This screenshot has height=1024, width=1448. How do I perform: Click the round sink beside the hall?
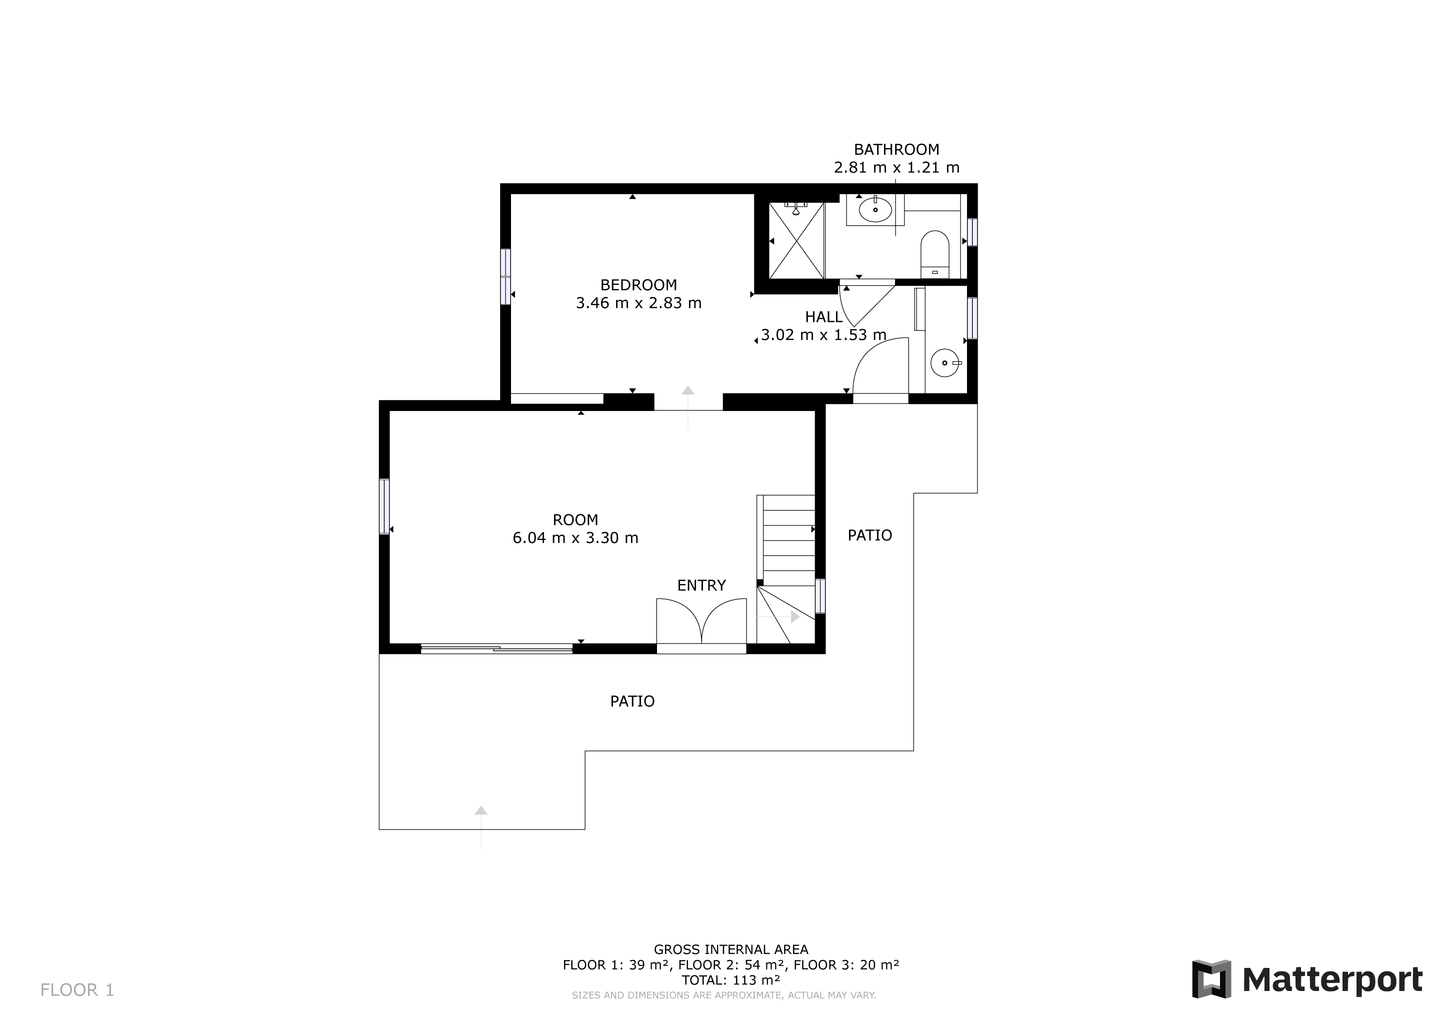pyautogui.click(x=944, y=363)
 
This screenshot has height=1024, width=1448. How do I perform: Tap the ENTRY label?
pyautogui.click(x=701, y=585)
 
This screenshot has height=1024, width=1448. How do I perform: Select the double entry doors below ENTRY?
pyautogui.click(x=701, y=622)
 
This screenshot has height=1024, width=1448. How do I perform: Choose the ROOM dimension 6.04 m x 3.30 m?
pyautogui.click(x=575, y=538)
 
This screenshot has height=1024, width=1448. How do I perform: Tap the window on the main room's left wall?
pyautogui.click(x=384, y=506)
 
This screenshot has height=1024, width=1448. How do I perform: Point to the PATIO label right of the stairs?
pyautogui.click(x=869, y=535)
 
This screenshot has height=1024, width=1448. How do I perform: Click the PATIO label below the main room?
pyautogui.click(x=632, y=701)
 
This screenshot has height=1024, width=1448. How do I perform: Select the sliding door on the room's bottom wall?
pyautogui.click(x=496, y=649)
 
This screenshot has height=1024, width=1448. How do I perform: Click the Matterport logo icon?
pyautogui.click(x=1211, y=979)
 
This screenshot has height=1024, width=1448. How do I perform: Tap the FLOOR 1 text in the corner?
pyautogui.click(x=77, y=990)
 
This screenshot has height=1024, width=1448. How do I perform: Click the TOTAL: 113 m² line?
pyautogui.click(x=730, y=980)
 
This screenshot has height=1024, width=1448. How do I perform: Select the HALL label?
pyautogui.click(x=823, y=317)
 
